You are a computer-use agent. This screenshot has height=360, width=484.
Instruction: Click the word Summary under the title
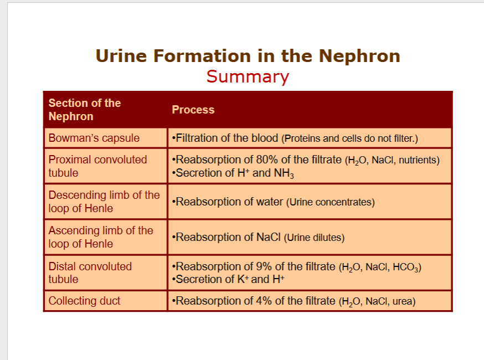pos(248,76)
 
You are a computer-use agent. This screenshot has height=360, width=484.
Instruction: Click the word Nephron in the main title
pos(359,56)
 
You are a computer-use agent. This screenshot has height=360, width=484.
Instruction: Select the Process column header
pos(193,110)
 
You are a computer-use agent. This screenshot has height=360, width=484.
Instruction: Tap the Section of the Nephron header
pos(84,110)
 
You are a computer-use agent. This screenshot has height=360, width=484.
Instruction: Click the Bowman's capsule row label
pos(94,138)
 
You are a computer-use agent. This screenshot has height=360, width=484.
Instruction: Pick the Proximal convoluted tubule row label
pos(97,166)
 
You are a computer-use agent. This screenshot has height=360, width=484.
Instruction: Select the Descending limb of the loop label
pos(104,202)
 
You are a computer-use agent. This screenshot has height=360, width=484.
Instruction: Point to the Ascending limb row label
pos(100,237)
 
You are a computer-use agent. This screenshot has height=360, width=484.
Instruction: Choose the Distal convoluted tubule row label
pos(90,272)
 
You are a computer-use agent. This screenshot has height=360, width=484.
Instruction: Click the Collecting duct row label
pos(84,301)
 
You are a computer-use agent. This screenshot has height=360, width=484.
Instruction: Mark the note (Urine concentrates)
pos(331,202)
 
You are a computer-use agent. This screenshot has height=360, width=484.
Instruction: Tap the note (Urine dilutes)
pos(315,238)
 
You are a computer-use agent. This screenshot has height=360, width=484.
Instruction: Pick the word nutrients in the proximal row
pos(419,161)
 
